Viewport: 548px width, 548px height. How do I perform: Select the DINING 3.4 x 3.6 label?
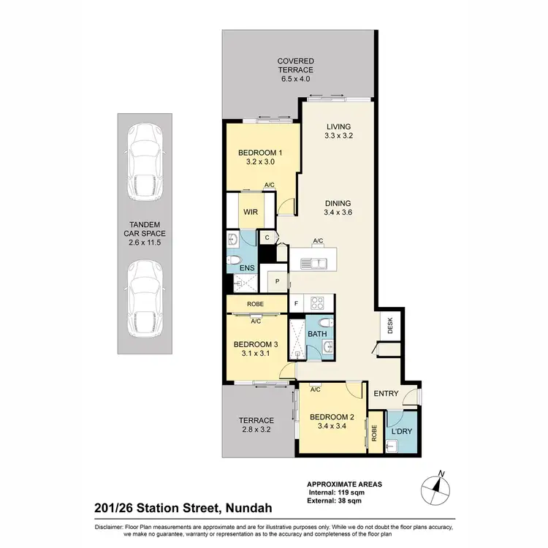click(x=338, y=208)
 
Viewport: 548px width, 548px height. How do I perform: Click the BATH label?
click(x=317, y=334)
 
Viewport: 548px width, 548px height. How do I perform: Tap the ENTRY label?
click(x=386, y=394)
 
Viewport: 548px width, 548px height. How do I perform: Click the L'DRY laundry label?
click(x=402, y=432)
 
